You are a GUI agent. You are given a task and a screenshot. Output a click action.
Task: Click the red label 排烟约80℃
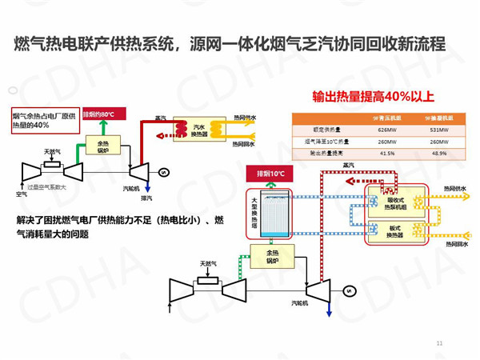pos(103,115)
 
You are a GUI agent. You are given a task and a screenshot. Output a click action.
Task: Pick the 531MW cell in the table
pos(438,130)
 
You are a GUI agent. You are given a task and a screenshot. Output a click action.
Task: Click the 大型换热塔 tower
pos(263,211)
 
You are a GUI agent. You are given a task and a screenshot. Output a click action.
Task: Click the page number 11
pos(439,343)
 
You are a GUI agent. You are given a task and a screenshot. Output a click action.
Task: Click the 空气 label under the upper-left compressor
pos(22,194)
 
